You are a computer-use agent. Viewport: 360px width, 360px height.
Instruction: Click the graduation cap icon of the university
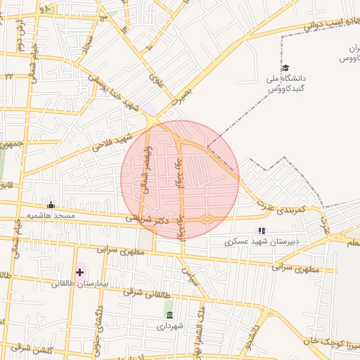[x=285, y=68]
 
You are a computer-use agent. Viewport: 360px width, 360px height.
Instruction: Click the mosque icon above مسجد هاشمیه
[x=50, y=205]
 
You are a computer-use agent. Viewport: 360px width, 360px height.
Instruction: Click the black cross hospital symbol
[x=80, y=271]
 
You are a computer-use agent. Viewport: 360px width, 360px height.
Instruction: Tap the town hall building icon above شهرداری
[x=169, y=314]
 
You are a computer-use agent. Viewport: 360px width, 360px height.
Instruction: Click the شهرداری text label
[x=169, y=326]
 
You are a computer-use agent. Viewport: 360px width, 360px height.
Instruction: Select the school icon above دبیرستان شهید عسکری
[x=262, y=230]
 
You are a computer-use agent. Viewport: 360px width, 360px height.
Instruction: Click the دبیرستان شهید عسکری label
[x=262, y=240]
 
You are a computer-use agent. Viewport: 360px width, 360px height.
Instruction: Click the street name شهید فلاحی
[x=112, y=143]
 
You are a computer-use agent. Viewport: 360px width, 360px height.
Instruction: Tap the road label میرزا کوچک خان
[x=330, y=345]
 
